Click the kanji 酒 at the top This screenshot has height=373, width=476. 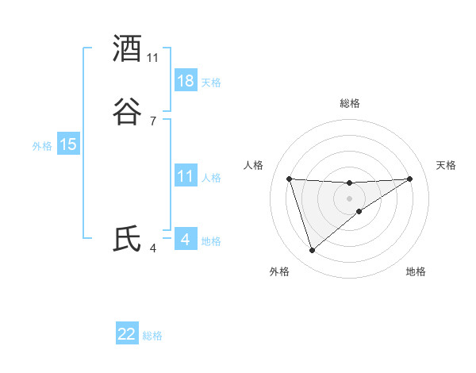tap(128, 49)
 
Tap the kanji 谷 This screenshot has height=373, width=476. tap(128, 111)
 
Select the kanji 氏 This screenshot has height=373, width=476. tap(128, 239)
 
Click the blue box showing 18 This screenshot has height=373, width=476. tap(186, 81)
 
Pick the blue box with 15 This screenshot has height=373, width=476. tap(68, 144)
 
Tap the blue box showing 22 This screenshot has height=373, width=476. tap(127, 334)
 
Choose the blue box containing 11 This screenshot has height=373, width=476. tap(186, 176)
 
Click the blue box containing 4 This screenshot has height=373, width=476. tap(185, 240)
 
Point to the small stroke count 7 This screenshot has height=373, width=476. tap(153, 121)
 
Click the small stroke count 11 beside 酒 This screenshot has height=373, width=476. tap(153, 58)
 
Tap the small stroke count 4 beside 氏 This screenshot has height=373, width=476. tap(153, 248)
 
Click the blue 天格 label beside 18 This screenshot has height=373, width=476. tap(211, 82)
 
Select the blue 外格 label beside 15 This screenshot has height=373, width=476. tap(42, 145)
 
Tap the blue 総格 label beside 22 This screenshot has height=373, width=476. tap(152, 336)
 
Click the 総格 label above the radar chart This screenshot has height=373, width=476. tap(350, 103)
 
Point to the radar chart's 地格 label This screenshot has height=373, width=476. tap(416, 271)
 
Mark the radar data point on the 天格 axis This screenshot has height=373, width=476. tap(409, 179)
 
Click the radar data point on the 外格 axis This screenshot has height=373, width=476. tap(312, 251)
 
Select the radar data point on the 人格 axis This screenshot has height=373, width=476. tap(290, 179)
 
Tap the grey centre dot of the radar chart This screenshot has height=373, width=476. tap(350, 198)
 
